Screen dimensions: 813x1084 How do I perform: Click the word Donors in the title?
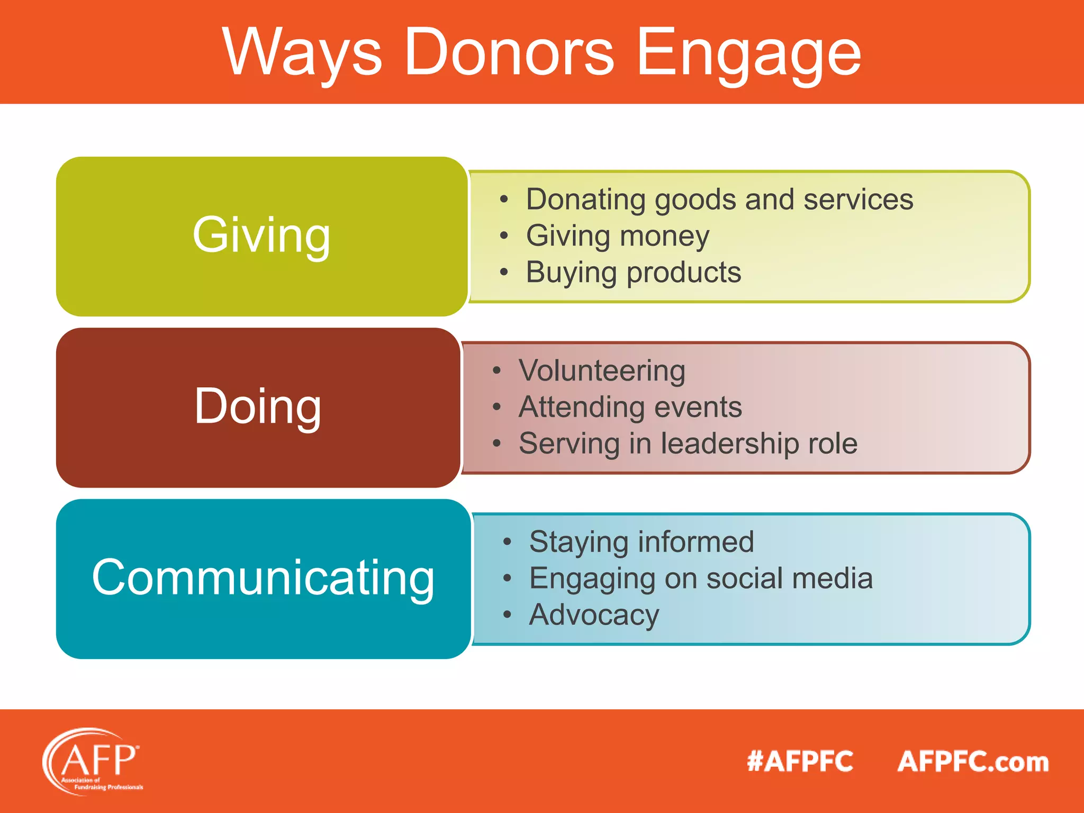point(509,52)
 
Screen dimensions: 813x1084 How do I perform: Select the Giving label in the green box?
point(261,235)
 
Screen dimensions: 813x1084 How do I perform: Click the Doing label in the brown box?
point(258,406)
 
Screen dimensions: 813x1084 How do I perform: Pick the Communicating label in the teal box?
point(263,577)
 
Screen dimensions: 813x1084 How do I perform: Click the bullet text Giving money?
point(617,236)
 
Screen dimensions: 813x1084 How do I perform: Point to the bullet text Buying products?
point(633,272)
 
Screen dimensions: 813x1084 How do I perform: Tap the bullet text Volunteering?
point(602,370)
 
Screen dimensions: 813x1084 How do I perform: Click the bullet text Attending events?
point(630,406)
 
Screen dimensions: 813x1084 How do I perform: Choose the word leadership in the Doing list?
point(730,443)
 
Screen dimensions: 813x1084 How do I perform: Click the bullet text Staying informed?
point(642,541)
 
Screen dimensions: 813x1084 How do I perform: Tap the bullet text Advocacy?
point(594,615)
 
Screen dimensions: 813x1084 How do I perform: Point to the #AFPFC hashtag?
point(800,762)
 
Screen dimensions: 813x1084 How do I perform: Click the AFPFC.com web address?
point(973,762)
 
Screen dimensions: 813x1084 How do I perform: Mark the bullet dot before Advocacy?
point(507,615)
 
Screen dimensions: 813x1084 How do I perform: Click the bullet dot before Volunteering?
point(496,371)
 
